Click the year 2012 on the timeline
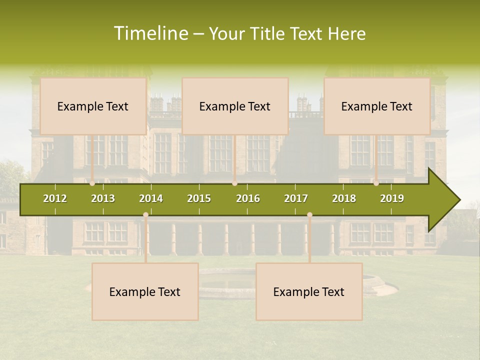click(x=55, y=198)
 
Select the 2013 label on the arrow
click(x=103, y=198)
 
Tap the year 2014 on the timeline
click(x=151, y=198)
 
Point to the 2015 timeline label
click(x=199, y=198)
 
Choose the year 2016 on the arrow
click(x=248, y=198)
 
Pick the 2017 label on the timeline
click(x=296, y=198)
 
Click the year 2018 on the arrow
click(x=344, y=198)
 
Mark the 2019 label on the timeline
click(x=392, y=198)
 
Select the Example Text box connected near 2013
click(x=93, y=106)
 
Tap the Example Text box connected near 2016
click(x=235, y=106)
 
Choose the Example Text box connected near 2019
click(x=377, y=106)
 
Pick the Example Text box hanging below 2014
click(x=145, y=291)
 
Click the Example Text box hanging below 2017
click(x=309, y=291)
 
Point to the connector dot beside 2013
click(x=92, y=183)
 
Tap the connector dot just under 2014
click(x=145, y=215)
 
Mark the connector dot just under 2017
click(x=309, y=215)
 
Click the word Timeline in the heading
click(x=150, y=33)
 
